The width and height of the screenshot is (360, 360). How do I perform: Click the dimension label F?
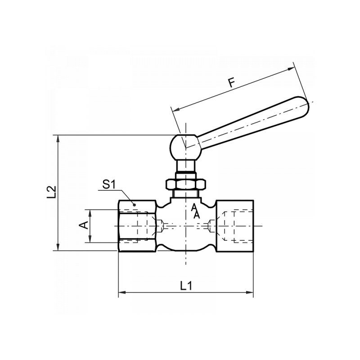coord(232,83)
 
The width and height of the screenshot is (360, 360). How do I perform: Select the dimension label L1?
coord(186,285)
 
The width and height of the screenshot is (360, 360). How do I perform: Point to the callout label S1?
coord(109,184)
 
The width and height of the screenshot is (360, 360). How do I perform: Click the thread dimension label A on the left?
coord(84,225)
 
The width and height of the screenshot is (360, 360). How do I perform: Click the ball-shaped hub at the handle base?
coord(184,145)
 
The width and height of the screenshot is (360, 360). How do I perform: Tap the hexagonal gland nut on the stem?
coord(186,184)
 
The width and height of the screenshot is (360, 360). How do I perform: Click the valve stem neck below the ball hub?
coord(185,166)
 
